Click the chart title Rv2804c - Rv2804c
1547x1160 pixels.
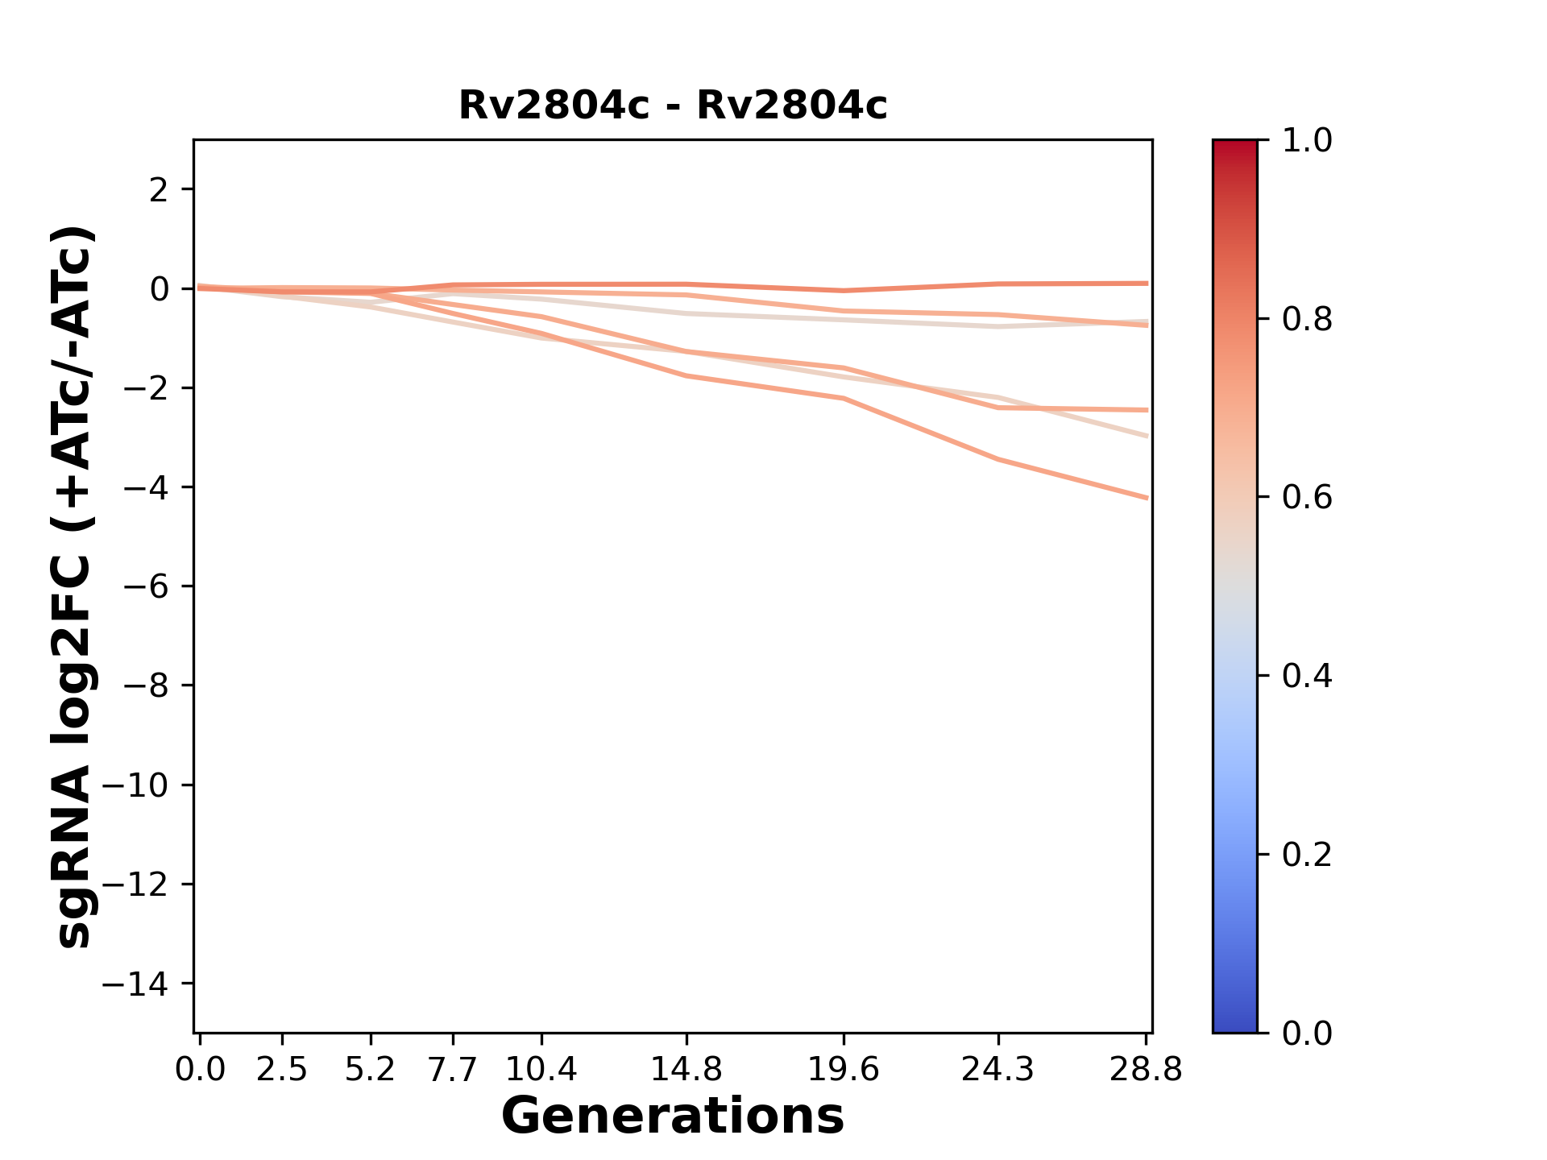tap(673, 106)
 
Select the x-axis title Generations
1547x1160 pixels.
tap(673, 1116)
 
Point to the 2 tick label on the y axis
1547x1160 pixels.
tap(160, 190)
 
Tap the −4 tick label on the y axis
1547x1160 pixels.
tap(147, 487)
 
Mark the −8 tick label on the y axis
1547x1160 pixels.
tap(147, 686)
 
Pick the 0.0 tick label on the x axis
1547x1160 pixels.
tap(200, 1070)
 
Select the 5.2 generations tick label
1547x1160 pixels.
tap(370, 1070)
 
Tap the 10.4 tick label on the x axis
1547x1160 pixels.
tap(541, 1070)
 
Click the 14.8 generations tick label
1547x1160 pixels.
tap(686, 1070)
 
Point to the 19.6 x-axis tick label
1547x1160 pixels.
tap(844, 1070)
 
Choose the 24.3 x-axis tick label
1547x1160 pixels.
tap(998, 1070)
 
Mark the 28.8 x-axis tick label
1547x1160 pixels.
tap(1147, 1070)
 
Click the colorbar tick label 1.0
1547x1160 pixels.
tap(1307, 141)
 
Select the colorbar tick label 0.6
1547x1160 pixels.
tap(1307, 498)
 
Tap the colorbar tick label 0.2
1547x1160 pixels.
tap(1307, 855)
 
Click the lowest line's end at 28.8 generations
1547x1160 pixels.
tap(1147, 498)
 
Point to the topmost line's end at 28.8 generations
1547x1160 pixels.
tap(1147, 284)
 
